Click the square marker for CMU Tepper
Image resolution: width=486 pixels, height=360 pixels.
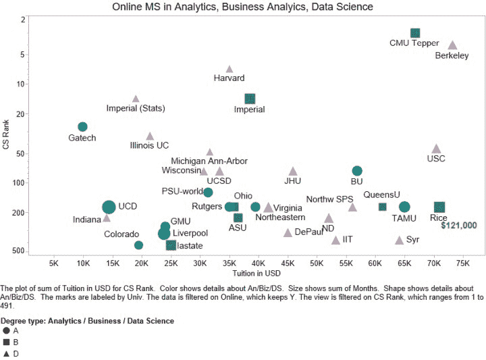tap(415, 33)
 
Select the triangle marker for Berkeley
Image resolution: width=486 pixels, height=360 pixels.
tap(452, 46)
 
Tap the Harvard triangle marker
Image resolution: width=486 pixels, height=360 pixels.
tap(230, 69)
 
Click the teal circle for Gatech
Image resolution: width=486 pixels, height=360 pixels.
tap(82, 127)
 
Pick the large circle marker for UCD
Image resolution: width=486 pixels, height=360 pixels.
tap(109, 207)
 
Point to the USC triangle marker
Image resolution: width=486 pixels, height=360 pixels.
tap(436, 149)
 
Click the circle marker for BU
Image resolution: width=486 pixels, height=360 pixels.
tap(357, 171)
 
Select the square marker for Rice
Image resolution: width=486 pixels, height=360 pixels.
tap(439, 207)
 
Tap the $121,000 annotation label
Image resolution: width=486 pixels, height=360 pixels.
tap(458, 226)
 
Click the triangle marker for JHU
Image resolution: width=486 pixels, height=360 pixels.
tap(292, 172)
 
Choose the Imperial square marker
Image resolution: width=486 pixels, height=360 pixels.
tap(250, 99)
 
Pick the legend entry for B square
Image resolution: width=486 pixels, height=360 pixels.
tap(6, 342)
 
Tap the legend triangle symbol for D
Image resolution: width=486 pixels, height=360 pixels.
tap(6, 354)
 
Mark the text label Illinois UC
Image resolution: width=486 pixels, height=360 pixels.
tap(149, 145)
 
